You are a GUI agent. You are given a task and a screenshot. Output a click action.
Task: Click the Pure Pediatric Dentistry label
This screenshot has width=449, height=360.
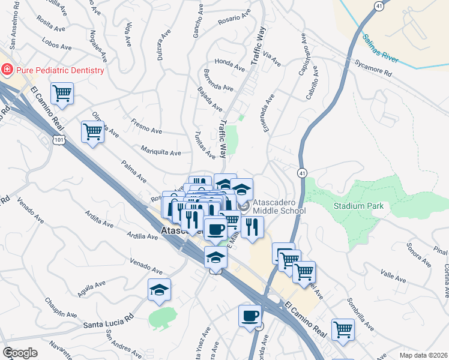[60, 70]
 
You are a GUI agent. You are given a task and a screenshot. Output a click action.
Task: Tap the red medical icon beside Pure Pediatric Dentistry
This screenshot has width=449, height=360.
[7, 70]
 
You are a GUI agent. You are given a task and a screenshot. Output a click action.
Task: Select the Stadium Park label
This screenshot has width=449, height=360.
[359, 206]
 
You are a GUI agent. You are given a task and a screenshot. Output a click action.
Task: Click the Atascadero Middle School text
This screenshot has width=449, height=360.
[279, 206]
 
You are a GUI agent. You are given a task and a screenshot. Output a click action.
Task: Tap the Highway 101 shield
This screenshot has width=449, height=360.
[59, 140]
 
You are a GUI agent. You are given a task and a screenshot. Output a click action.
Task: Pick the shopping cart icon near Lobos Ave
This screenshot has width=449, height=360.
[62, 94]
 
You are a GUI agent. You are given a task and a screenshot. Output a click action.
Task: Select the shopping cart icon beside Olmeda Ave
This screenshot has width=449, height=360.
[92, 131]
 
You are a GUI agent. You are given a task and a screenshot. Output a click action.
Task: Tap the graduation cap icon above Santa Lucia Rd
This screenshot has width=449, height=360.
[159, 289]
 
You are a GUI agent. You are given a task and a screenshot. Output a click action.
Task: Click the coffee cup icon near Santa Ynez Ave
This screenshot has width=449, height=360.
[250, 315]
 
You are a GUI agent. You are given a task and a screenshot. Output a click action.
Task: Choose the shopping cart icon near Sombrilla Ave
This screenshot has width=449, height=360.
[343, 328]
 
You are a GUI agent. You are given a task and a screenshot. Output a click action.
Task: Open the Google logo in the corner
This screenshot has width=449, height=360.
[20, 352]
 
